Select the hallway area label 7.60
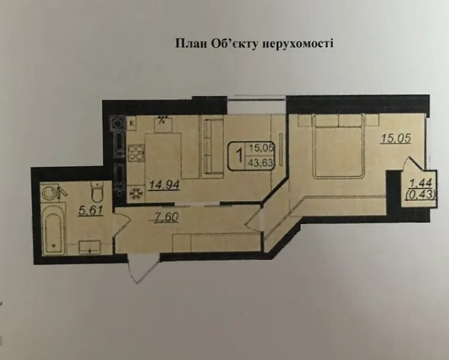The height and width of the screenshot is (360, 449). click(166, 217)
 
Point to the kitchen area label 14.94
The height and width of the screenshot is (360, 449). click(164, 185)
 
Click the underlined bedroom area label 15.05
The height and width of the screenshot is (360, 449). click(396, 138)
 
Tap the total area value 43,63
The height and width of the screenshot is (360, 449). click(261, 163)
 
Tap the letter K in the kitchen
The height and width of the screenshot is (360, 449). click(132, 123)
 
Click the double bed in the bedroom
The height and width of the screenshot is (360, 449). click(339, 146)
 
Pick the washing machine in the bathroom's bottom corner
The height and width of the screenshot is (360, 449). click(90, 247)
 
